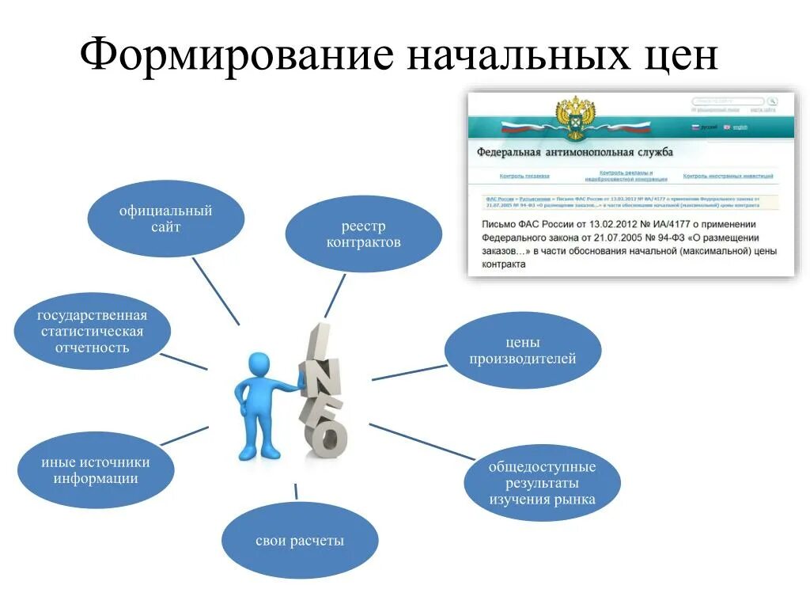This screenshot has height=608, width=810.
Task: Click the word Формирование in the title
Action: point(237,57)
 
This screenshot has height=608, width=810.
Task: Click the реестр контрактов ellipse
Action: point(363,234)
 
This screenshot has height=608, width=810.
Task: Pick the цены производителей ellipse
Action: point(523,351)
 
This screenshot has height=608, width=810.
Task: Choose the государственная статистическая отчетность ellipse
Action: point(93,332)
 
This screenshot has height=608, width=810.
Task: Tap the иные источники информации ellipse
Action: point(96,469)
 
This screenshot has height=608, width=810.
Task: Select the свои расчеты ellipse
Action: point(300,541)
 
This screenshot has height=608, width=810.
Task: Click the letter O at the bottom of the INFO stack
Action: point(325,438)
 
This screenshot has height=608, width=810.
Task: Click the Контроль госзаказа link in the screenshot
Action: point(524,176)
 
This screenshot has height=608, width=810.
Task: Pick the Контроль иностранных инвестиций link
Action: point(728,176)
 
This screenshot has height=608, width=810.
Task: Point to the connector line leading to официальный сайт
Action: point(215,290)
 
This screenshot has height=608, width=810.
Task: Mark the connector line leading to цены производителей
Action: point(410,372)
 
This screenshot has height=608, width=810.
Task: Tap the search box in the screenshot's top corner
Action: point(728,101)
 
